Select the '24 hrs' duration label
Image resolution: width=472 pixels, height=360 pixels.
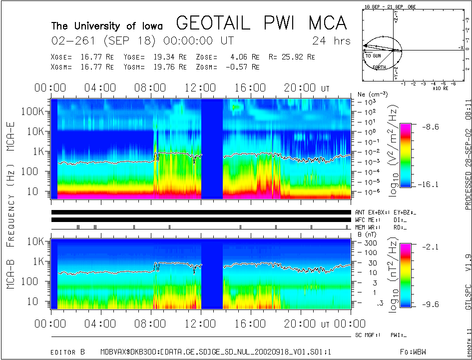click(x=331, y=40)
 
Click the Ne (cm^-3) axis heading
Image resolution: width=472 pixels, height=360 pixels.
click(x=369, y=94)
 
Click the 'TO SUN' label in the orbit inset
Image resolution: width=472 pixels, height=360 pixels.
click(x=373, y=55)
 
